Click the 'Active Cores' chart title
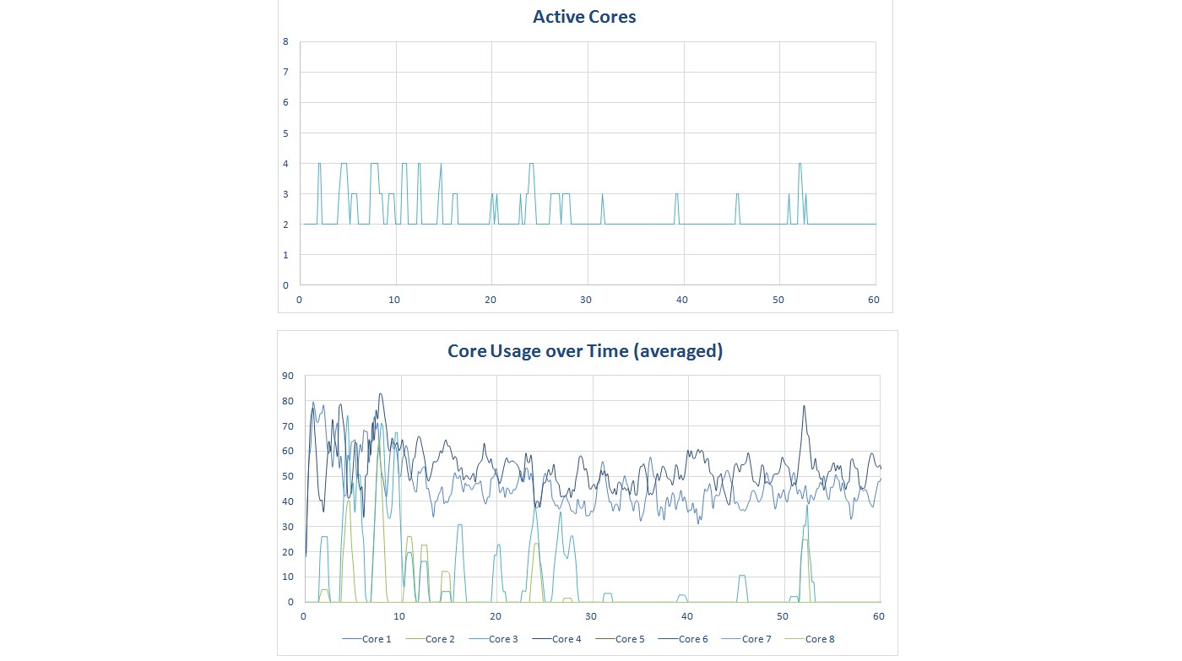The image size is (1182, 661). pyautogui.click(x=585, y=16)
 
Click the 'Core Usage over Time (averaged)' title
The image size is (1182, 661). pyautogui.click(x=585, y=351)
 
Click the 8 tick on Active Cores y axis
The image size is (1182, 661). pyautogui.click(x=285, y=41)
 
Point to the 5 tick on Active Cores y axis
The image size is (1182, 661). pyautogui.click(x=285, y=133)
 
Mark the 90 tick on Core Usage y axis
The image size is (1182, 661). pyautogui.click(x=288, y=376)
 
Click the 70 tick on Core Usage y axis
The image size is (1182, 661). pyautogui.click(x=288, y=426)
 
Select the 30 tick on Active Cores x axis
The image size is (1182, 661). pyautogui.click(x=587, y=300)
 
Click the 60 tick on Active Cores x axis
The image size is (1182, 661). pyautogui.click(x=873, y=300)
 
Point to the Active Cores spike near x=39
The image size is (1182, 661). pyautogui.click(x=676, y=194)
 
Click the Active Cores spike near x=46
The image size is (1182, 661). pyautogui.click(x=737, y=194)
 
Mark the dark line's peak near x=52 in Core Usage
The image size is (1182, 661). pyautogui.click(x=804, y=406)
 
